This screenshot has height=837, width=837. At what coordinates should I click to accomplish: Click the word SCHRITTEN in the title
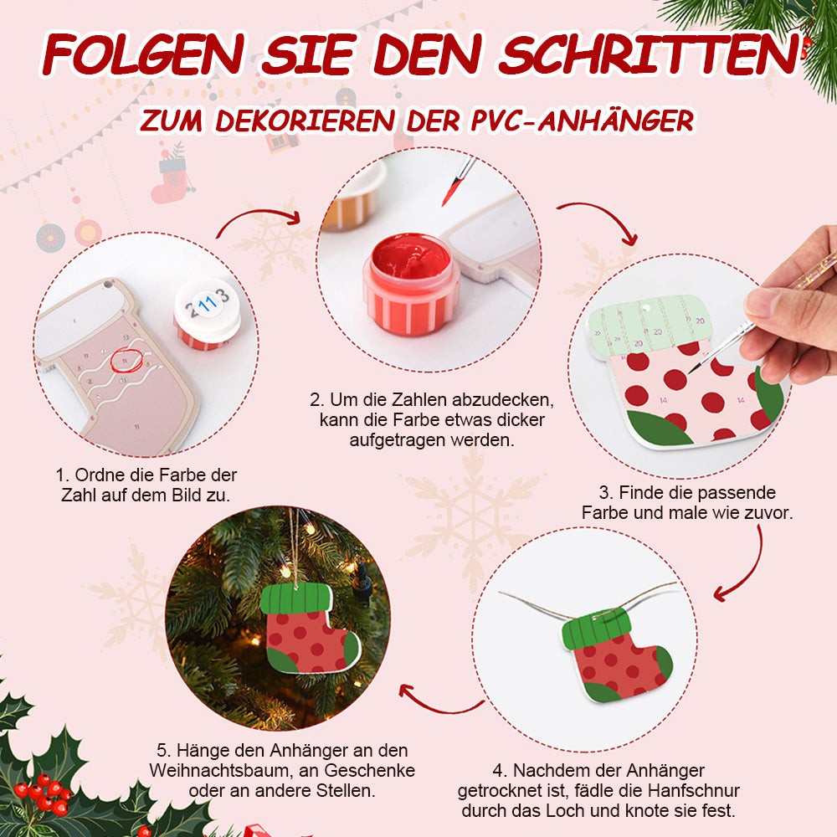click(650, 54)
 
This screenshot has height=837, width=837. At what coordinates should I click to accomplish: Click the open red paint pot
click(410, 285)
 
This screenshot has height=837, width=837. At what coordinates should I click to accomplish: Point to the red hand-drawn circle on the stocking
click(126, 360)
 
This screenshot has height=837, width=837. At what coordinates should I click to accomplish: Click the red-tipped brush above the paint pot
click(458, 182)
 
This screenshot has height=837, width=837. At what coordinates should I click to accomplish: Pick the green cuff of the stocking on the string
click(596, 629)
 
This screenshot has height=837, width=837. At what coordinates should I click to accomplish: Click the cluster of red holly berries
click(44, 793)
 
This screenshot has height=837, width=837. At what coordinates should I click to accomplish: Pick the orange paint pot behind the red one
click(353, 198)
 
